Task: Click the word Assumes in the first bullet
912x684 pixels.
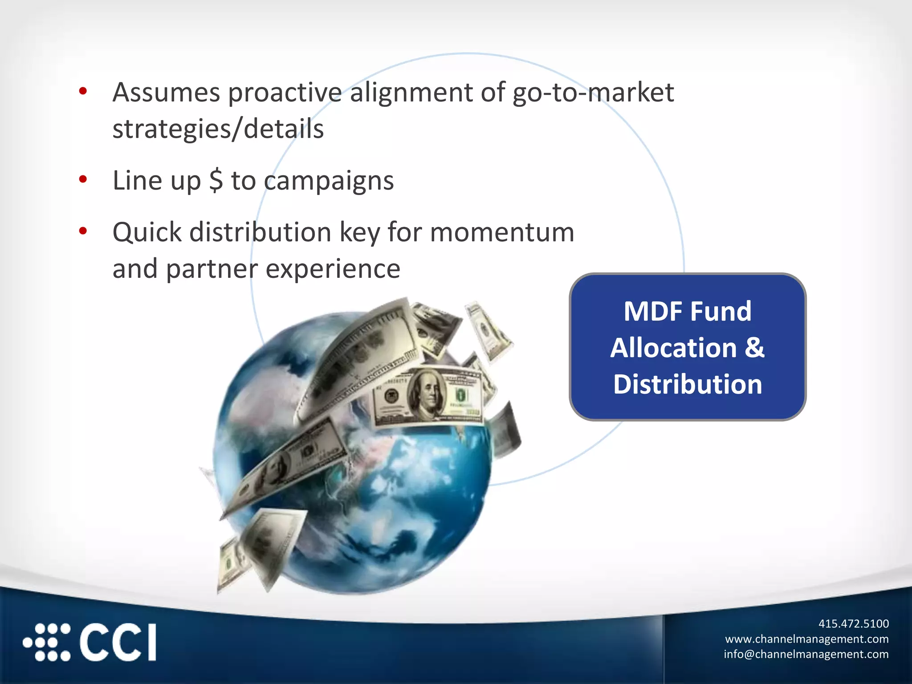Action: pyautogui.click(x=166, y=93)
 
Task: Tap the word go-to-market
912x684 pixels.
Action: pyautogui.click(x=593, y=93)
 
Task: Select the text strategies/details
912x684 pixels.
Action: pyautogui.click(x=218, y=129)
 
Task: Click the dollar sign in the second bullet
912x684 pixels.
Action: pyautogui.click(x=216, y=180)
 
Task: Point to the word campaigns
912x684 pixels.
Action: pyautogui.click(x=329, y=181)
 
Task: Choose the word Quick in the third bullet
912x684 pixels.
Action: pyautogui.click(x=147, y=232)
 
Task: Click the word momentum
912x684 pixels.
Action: pyautogui.click(x=502, y=232)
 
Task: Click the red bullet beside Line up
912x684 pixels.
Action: pyautogui.click(x=83, y=179)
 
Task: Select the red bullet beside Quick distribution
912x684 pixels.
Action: pyautogui.click(x=83, y=231)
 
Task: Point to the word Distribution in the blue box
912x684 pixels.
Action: pyautogui.click(x=688, y=384)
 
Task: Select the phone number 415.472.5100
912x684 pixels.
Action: pyautogui.click(x=853, y=623)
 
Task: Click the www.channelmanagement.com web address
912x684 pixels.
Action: pyautogui.click(x=806, y=639)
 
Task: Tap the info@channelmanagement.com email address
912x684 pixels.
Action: pyautogui.click(x=806, y=654)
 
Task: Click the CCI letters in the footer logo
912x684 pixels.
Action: pyautogui.click(x=118, y=643)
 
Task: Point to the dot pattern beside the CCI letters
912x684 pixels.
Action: pyautogui.click(x=47, y=643)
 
